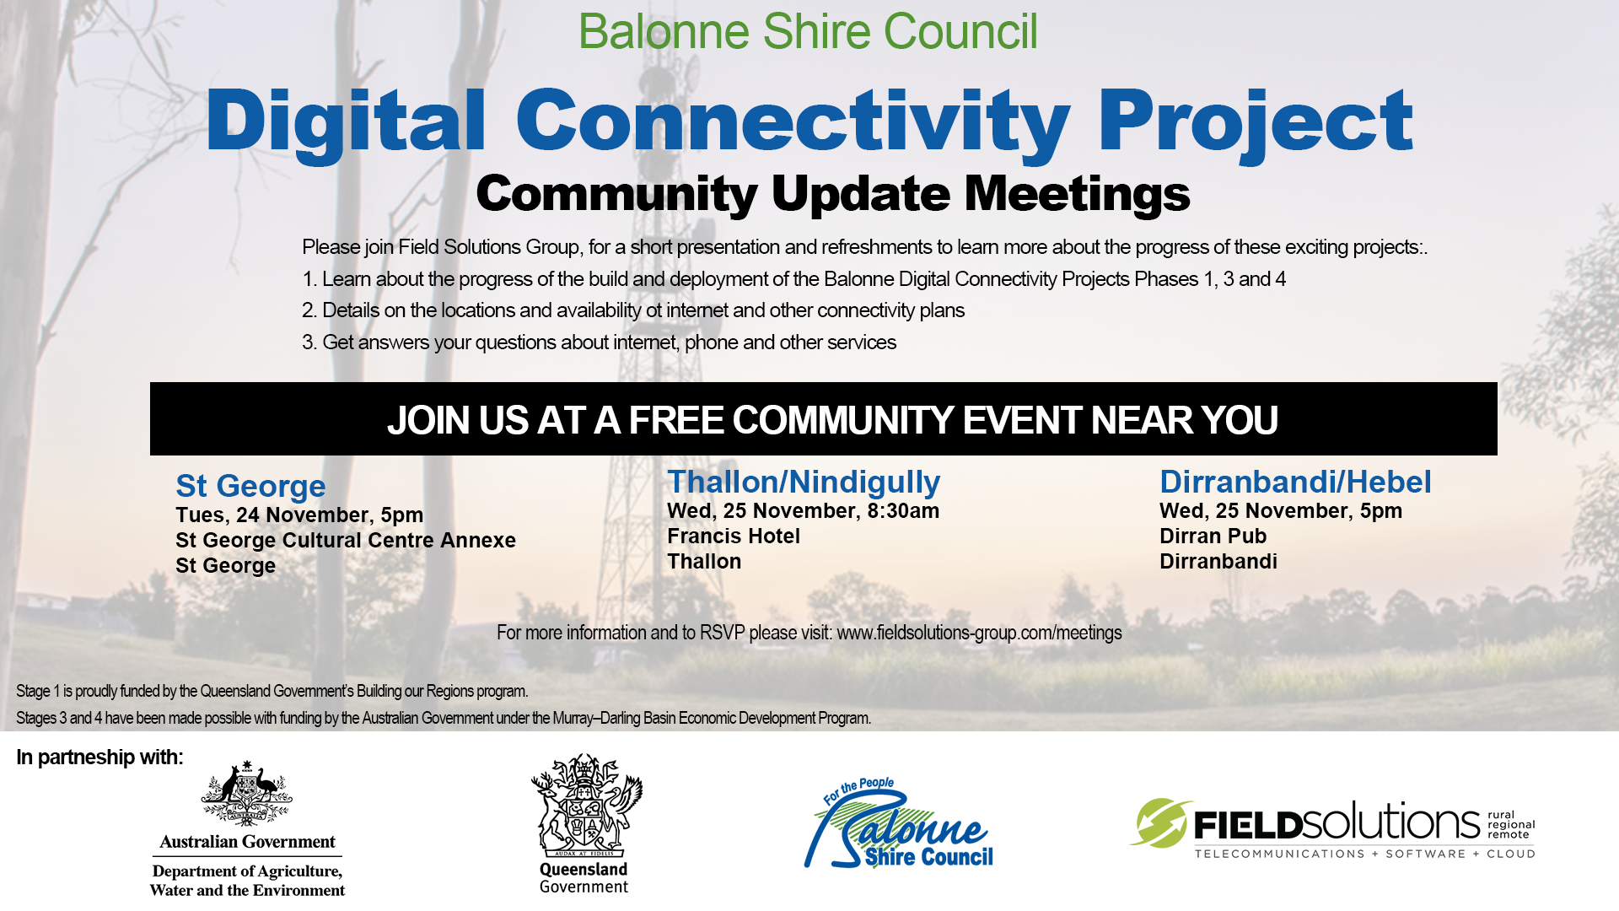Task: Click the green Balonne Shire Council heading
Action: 808,32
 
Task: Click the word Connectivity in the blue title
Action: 793,124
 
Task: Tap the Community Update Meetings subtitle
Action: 833,195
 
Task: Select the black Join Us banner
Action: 824,419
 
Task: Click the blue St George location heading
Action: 250,486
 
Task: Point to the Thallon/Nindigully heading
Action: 804,482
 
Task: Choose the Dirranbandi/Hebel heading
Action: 1295,482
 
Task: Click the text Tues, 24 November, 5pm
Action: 299,515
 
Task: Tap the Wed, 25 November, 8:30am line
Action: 803,510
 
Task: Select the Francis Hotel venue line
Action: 734,536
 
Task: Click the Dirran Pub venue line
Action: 1213,536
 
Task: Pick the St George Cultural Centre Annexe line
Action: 346,540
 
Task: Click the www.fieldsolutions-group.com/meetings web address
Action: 979,633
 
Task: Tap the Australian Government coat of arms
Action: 247,792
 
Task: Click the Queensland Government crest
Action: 586,805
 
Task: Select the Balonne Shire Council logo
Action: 899,823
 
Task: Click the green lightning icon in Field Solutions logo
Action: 1160,822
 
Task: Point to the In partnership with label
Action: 100,757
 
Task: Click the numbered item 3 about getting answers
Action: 599,342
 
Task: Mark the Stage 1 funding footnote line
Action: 272,691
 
